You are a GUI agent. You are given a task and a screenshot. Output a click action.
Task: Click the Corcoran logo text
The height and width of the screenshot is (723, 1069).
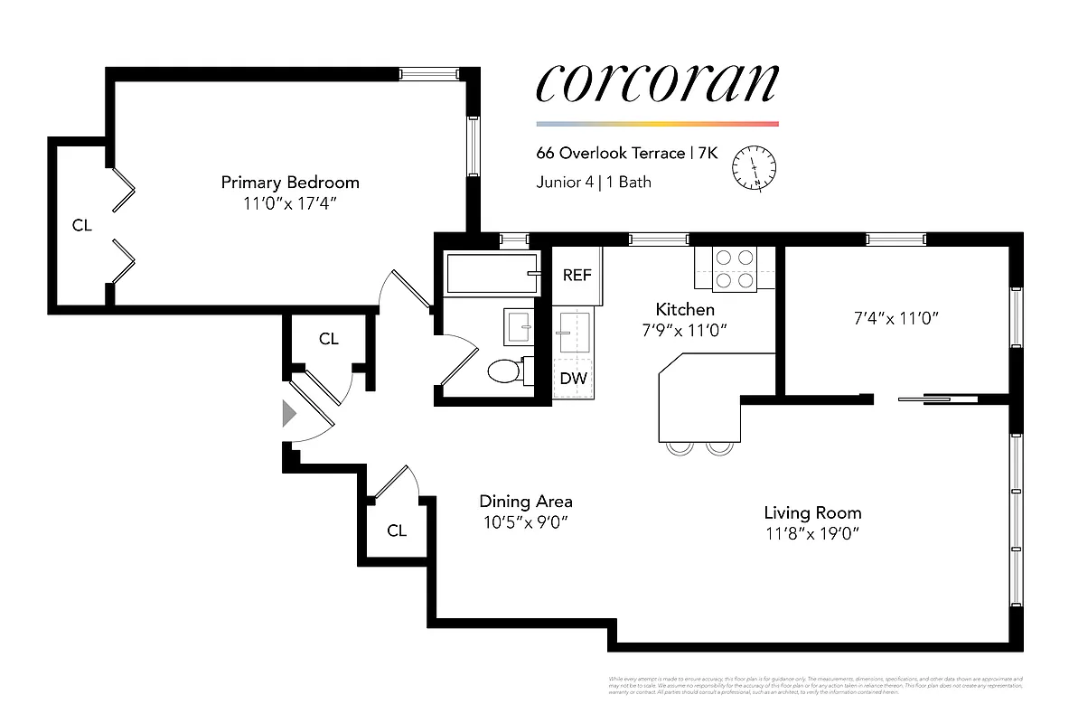pyautogui.click(x=657, y=83)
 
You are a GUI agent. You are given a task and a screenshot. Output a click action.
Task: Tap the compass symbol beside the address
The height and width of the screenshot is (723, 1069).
pyautogui.click(x=754, y=167)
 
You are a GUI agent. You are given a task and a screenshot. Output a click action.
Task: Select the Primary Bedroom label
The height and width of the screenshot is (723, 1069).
pyautogui.click(x=290, y=182)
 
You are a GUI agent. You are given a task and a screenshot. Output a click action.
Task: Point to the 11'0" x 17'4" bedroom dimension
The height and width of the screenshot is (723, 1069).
pyautogui.click(x=290, y=204)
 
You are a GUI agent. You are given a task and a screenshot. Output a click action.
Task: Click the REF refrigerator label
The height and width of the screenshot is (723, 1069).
pyautogui.click(x=577, y=275)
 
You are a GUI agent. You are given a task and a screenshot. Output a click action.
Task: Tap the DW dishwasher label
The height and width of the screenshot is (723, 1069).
pyautogui.click(x=573, y=379)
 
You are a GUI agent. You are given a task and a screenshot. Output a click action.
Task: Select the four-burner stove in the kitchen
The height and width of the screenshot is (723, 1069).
pyautogui.click(x=735, y=268)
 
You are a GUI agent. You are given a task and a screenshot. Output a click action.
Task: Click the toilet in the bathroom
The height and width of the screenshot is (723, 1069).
pyautogui.click(x=504, y=371)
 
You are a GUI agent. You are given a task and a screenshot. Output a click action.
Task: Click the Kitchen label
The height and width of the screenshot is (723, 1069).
pyautogui.click(x=685, y=309)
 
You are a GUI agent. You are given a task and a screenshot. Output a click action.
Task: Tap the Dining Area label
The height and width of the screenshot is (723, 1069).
pyautogui.click(x=525, y=502)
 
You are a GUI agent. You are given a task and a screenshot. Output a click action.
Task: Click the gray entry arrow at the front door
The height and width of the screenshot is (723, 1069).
pyautogui.click(x=289, y=414)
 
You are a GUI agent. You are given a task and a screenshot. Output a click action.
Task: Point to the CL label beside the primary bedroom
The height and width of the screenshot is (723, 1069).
pyautogui.click(x=82, y=226)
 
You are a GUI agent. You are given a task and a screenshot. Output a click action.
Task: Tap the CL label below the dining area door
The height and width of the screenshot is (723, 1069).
pyautogui.click(x=397, y=531)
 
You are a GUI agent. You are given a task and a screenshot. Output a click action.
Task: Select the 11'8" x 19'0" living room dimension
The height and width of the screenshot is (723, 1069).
pyautogui.click(x=811, y=533)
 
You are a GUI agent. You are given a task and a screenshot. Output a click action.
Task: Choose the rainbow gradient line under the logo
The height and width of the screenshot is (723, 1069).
pyautogui.click(x=657, y=124)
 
